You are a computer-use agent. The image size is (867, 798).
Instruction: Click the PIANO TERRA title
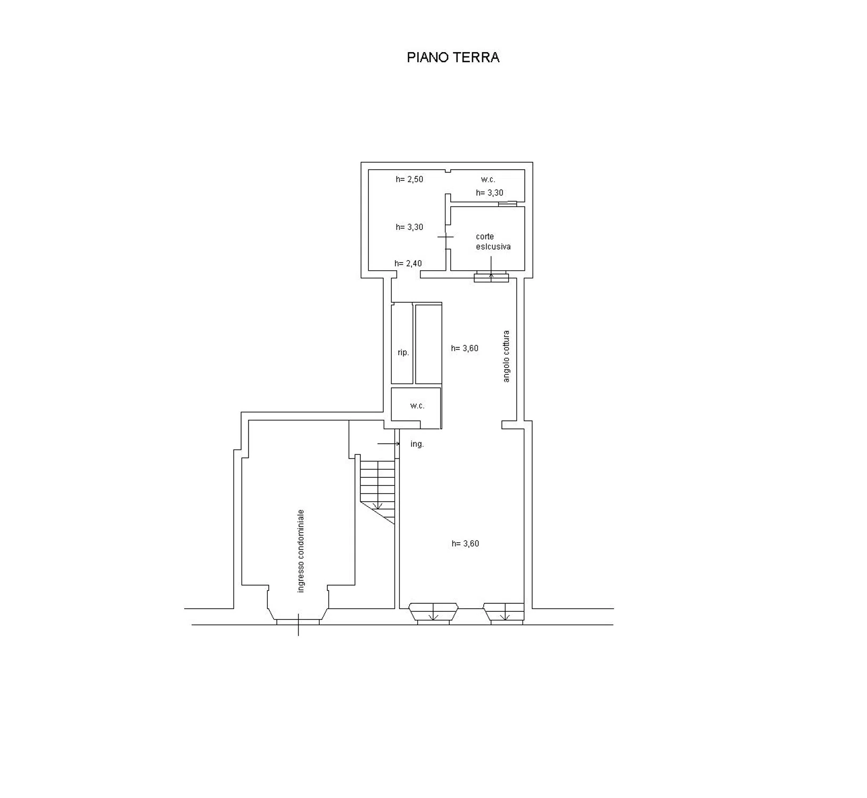pyautogui.click(x=453, y=57)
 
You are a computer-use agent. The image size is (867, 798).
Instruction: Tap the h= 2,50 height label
pyautogui.click(x=409, y=179)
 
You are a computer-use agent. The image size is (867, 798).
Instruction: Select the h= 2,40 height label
pyautogui.click(x=408, y=263)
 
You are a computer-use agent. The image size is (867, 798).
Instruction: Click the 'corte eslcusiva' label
pyautogui.click(x=493, y=242)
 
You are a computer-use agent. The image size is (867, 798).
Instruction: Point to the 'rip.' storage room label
pyautogui.click(x=403, y=352)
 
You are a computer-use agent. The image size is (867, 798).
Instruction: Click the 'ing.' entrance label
pyautogui.click(x=417, y=444)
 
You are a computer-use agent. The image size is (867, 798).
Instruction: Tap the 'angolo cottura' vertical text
pyautogui.click(x=506, y=356)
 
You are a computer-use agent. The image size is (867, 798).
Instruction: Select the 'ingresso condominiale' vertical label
pyautogui.click(x=301, y=551)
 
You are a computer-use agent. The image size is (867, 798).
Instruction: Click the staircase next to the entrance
pyautogui.click(x=378, y=489)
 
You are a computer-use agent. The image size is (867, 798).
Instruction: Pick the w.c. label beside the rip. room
pyautogui.click(x=417, y=406)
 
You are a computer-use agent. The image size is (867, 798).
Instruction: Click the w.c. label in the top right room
pyautogui.click(x=488, y=180)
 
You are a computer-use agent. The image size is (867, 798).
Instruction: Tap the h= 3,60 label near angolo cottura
pyautogui.click(x=465, y=348)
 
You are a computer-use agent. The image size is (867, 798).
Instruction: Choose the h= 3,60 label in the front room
pyautogui.click(x=465, y=544)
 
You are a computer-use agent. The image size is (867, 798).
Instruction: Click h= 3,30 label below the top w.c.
pyautogui.click(x=490, y=193)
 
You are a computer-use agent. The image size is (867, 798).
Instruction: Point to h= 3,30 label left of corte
pyautogui.click(x=409, y=227)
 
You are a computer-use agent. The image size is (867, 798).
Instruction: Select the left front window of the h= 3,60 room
pyautogui.click(x=433, y=613)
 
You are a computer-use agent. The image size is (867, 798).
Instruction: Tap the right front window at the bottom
pyautogui.click(x=505, y=613)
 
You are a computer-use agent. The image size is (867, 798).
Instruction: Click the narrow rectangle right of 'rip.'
pyautogui.click(x=428, y=344)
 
